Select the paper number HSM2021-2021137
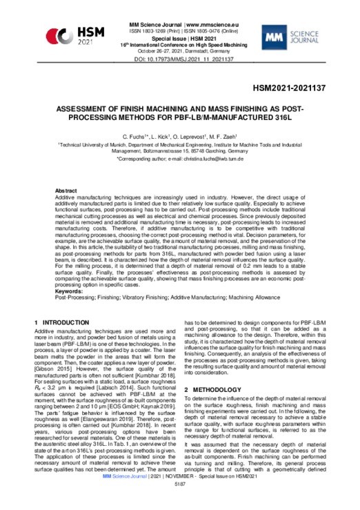305,89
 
